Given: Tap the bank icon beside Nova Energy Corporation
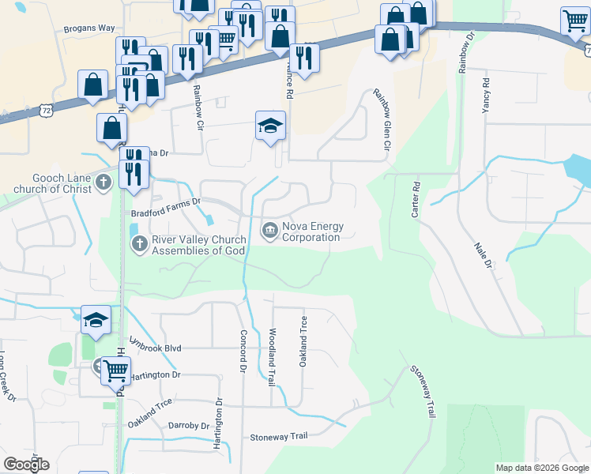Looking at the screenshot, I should click(x=269, y=231).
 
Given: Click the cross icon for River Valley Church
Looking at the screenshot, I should click(x=139, y=245).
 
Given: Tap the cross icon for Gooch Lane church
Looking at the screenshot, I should click(x=102, y=184).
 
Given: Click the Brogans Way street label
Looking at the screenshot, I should click(x=89, y=28).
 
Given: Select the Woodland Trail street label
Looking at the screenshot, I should click(x=272, y=357).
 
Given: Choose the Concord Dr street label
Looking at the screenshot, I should click(x=243, y=351).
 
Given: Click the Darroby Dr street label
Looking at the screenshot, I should click(x=189, y=425).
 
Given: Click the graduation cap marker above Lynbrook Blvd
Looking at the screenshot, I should click(x=96, y=320).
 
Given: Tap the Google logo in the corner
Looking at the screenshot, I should click(x=26, y=465).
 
